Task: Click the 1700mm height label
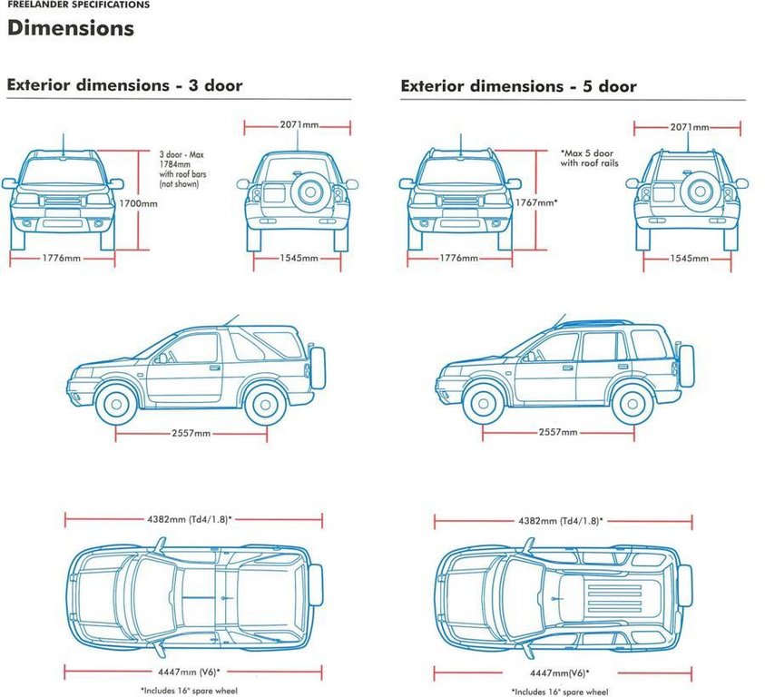click(139, 203)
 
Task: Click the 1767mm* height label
click(536, 202)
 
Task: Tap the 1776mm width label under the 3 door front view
click(62, 259)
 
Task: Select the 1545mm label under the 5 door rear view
click(689, 259)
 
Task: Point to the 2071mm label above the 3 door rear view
click(299, 125)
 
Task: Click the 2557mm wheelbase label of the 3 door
click(191, 433)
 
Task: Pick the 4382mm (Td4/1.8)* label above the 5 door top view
click(561, 521)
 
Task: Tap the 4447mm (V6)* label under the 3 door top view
click(189, 672)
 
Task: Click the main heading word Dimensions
click(71, 28)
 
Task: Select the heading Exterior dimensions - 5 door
click(518, 86)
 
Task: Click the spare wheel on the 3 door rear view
click(310, 191)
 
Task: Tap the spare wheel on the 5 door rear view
click(700, 191)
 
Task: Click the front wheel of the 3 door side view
click(116, 404)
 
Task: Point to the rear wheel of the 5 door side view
click(633, 404)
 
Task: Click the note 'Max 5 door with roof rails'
click(589, 158)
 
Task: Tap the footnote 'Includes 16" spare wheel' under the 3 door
click(189, 691)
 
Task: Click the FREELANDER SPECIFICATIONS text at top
click(79, 5)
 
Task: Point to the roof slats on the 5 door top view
click(614, 599)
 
